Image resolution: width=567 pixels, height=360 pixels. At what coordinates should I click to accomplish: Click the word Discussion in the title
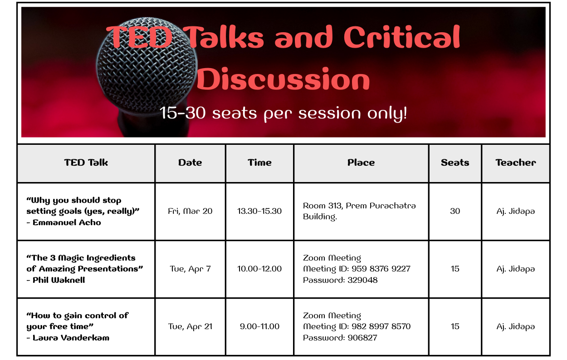click(283, 79)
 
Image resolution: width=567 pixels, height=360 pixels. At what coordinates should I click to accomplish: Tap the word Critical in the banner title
click(402, 37)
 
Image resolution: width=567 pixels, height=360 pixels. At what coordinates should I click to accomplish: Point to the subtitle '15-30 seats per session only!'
click(283, 113)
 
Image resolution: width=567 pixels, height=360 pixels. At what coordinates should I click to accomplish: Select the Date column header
click(190, 163)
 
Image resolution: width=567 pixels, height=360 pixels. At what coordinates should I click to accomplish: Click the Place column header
click(361, 163)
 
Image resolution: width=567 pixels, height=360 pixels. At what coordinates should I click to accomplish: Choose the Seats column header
click(455, 163)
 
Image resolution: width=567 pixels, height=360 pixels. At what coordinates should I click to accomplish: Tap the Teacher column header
click(516, 163)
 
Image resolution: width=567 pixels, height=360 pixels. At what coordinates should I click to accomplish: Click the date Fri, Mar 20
click(190, 211)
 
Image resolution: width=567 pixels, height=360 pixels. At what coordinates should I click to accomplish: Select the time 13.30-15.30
click(259, 211)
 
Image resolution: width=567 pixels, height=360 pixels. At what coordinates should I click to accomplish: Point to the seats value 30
click(455, 211)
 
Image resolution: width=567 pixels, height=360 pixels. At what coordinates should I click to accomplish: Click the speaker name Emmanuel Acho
click(67, 222)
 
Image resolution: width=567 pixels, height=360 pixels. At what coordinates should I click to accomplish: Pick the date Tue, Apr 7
click(190, 269)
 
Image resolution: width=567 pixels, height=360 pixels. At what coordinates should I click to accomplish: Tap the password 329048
click(362, 280)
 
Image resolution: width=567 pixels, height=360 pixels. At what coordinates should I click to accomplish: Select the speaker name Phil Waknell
click(59, 280)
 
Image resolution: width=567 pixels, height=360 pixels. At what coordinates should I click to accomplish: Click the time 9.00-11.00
click(259, 326)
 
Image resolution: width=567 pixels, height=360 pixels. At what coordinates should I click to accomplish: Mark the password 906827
click(362, 338)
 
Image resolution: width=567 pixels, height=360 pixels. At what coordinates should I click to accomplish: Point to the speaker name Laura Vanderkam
click(71, 338)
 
